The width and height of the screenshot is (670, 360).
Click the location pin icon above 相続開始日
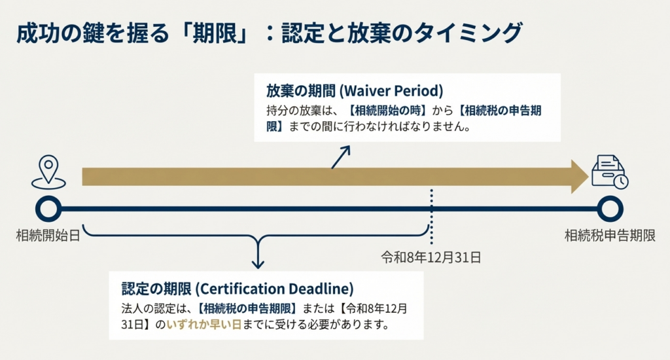(x=48, y=171)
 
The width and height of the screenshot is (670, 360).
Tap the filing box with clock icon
(x=609, y=171)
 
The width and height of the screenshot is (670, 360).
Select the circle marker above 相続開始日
(x=48, y=209)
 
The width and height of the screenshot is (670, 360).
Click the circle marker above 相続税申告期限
(x=610, y=209)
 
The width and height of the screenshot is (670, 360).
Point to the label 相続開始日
(x=48, y=236)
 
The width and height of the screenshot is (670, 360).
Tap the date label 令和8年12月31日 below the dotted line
(x=431, y=257)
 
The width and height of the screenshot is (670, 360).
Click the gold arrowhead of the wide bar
(x=580, y=176)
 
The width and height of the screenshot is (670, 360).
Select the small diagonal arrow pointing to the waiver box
(x=341, y=157)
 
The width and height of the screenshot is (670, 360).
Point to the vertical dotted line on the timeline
(x=431, y=216)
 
